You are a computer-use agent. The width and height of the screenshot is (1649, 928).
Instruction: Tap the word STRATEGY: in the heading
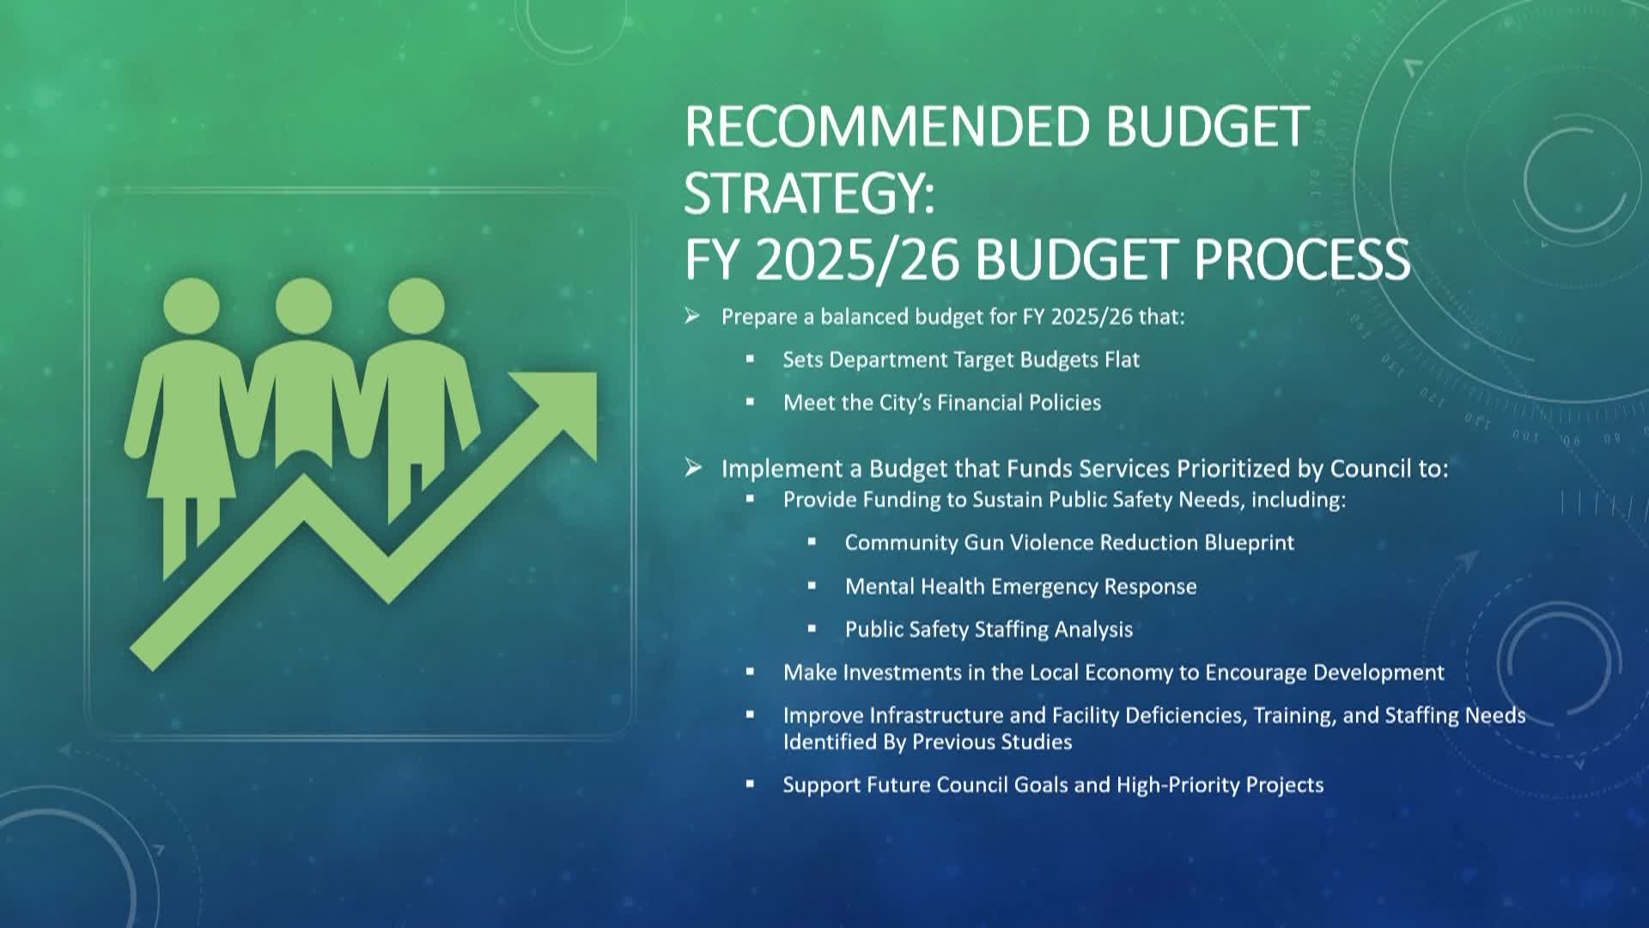[x=809, y=192]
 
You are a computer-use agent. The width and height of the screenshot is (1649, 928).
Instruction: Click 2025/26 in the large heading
[x=856, y=259]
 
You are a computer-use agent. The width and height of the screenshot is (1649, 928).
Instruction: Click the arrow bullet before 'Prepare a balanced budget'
[x=692, y=316]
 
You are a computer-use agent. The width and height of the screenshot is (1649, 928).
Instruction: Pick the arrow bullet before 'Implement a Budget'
[x=693, y=467]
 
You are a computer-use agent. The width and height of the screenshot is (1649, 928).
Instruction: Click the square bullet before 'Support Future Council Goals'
[x=750, y=785]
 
